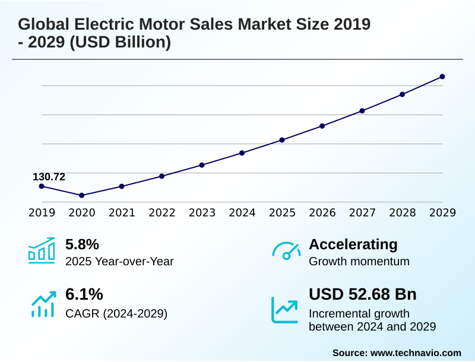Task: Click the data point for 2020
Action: [x=82, y=195]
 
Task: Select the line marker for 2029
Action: [x=442, y=77]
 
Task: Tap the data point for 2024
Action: [x=242, y=153]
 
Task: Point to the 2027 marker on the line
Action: [x=362, y=111]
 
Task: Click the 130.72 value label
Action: [x=49, y=177]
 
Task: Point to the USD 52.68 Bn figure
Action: [x=363, y=294]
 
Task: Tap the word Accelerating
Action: [x=353, y=244]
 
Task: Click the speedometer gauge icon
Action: [x=286, y=251]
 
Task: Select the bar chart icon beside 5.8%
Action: [x=41, y=250]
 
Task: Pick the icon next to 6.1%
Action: [x=42, y=303]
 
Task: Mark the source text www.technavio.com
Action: [x=416, y=353]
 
